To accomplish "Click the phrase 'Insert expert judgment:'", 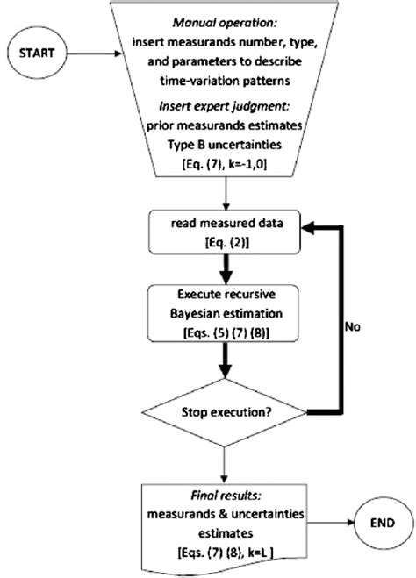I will tap(226, 107).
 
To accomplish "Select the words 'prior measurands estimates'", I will tap(226, 124).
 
